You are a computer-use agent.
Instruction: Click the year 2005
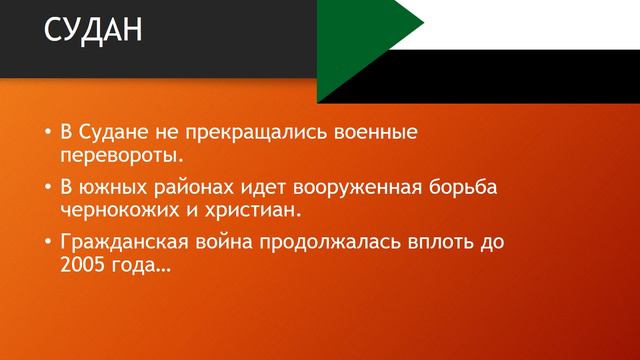point(83,268)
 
